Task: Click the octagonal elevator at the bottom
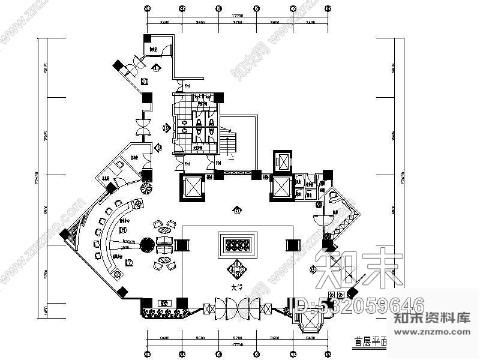[x=310, y=325]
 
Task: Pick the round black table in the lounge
[x=146, y=245]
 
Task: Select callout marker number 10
[x=144, y=82]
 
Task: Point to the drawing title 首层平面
[x=366, y=344]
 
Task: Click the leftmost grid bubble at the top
[x=146, y=9]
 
